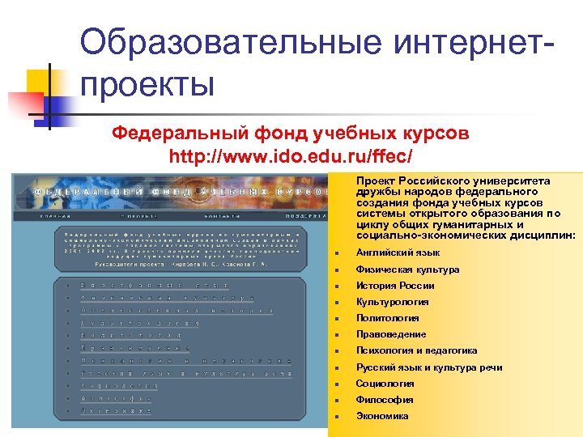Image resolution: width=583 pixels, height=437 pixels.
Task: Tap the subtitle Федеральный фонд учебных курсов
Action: click(290, 132)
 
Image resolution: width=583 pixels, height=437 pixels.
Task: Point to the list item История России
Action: click(395, 286)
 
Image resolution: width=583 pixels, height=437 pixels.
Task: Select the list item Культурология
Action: click(392, 302)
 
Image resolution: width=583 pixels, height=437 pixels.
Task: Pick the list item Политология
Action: click(387, 318)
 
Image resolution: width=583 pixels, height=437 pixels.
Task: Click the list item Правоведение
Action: click(391, 334)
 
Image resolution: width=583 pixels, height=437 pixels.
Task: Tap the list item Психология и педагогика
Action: click(416, 350)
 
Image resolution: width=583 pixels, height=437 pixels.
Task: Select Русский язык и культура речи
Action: click(429, 367)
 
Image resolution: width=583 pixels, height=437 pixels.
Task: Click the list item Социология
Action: click(385, 384)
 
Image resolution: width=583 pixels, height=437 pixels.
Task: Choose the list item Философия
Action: click(385, 400)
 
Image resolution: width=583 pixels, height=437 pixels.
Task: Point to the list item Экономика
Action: click(382, 416)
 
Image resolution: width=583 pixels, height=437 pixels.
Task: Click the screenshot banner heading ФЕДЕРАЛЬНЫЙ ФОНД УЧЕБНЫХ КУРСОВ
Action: click(182, 192)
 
